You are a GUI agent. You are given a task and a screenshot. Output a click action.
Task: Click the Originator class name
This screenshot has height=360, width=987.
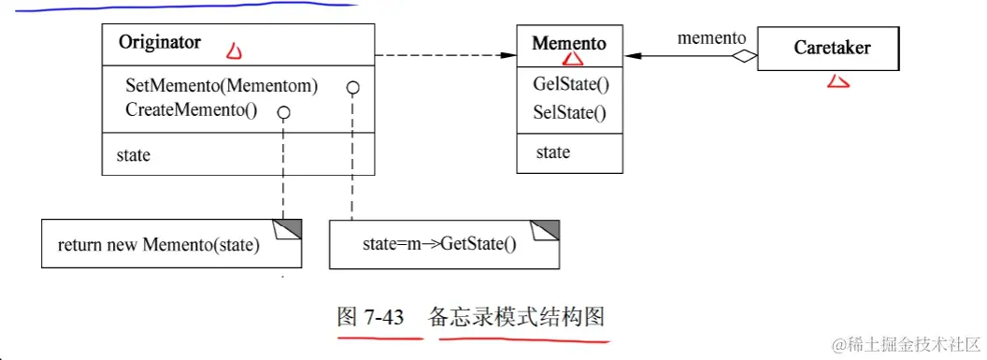point(160,43)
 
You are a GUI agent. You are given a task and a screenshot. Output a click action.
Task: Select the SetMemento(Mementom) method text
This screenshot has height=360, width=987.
point(222,86)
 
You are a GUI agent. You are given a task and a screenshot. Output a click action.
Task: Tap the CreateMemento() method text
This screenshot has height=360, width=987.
point(191,109)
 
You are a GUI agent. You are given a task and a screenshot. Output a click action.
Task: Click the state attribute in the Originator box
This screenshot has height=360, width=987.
point(133,155)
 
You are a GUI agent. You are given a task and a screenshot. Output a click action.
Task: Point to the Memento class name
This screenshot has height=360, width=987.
point(568,43)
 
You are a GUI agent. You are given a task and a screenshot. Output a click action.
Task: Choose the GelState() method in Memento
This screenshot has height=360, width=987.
point(570,85)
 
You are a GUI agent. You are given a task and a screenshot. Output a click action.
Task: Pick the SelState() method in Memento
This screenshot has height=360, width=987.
point(569,114)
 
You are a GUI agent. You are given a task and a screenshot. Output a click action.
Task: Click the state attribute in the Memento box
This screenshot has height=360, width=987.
point(552,152)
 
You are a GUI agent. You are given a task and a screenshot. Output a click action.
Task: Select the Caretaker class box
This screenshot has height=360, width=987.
point(828,47)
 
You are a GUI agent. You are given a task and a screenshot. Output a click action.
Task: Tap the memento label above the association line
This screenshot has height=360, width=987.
point(711,38)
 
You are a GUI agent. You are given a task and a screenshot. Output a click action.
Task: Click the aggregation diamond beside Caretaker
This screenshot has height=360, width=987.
point(743,57)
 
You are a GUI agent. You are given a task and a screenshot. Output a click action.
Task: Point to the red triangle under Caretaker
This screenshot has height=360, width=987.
point(837,82)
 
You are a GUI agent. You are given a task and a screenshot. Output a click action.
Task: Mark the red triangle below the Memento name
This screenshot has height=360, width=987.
point(573,60)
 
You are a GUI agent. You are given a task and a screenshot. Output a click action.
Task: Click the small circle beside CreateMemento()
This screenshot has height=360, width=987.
point(284,112)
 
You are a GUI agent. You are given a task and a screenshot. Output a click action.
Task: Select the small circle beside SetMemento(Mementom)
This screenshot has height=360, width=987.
point(352,88)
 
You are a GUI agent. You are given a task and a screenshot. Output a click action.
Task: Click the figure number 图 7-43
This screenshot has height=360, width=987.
point(370,317)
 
